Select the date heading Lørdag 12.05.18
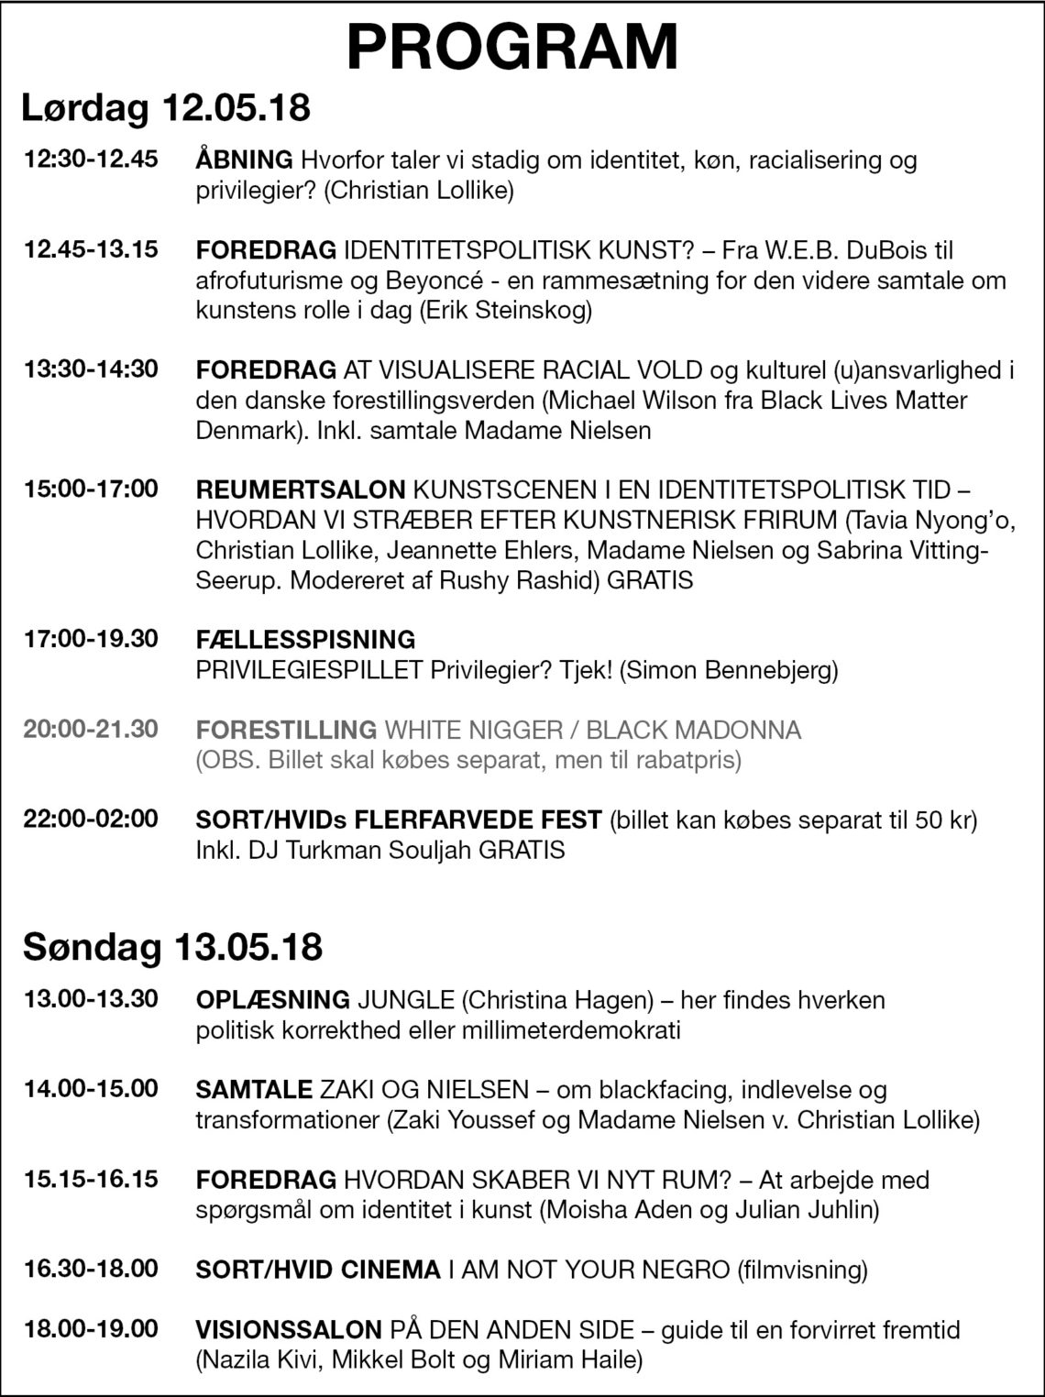tap(166, 107)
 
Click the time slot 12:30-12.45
tap(91, 159)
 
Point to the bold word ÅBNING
tap(244, 159)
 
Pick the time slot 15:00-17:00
tap(91, 489)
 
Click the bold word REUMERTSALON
tap(300, 489)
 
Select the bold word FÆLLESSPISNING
tap(305, 639)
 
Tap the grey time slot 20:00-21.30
tap(91, 729)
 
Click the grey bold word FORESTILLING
tap(286, 730)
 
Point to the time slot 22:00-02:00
tap(91, 818)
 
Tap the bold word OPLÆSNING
tap(272, 999)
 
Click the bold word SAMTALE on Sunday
tap(254, 1089)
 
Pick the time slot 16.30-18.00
tap(91, 1269)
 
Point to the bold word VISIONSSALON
tap(289, 1329)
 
